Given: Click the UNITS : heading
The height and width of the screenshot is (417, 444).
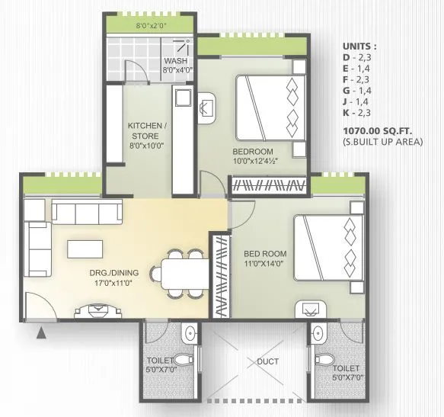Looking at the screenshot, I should [x=359, y=45].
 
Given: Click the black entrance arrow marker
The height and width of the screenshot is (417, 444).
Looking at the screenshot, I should [x=41, y=330].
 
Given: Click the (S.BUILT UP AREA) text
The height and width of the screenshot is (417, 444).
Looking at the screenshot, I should [x=382, y=142].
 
